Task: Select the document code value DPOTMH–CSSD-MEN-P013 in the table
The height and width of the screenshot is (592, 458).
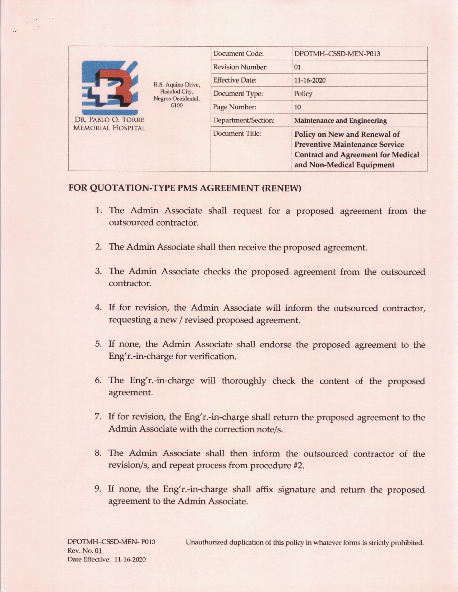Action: (x=337, y=54)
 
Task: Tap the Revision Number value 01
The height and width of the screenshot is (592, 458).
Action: (x=297, y=67)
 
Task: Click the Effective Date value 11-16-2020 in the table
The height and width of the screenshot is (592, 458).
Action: (x=310, y=80)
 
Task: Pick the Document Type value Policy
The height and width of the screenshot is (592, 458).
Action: (x=303, y=94)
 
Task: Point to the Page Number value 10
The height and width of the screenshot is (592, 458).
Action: (x=297, y=107)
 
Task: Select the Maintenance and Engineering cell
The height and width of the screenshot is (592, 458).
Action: (x=340, y=121)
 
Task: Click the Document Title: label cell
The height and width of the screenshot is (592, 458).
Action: (x=237, y=133)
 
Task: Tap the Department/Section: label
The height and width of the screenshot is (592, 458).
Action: (x=244, y=121)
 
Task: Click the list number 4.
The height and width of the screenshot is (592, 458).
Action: (x=98, y=308)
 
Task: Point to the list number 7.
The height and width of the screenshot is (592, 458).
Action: (x=98, y=417)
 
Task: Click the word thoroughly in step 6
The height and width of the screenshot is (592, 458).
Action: (x=244, y=381)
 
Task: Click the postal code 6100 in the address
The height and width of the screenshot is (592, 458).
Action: (x=176, y=105)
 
